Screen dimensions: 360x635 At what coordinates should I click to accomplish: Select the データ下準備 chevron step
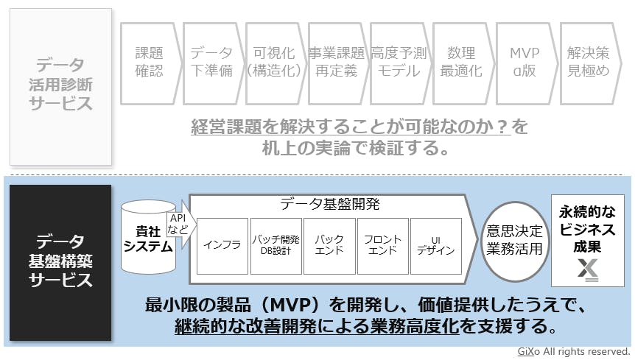(x=211, y=63)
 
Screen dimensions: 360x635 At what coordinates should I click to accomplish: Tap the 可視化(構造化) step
(x=274, y=63)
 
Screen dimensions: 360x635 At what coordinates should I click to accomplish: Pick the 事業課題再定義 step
(x=337, y=63)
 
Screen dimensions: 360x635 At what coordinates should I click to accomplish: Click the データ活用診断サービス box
(x=61, y=86)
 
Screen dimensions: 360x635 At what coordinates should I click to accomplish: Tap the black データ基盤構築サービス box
(x=61, y=261)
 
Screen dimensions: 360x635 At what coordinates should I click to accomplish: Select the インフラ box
(x=222, y=245)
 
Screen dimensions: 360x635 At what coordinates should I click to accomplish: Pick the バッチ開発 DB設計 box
(x=276, y=245)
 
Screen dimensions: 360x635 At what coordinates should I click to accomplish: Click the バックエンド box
(x=329, y=245)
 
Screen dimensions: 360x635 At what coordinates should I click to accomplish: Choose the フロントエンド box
(x=382, y=245)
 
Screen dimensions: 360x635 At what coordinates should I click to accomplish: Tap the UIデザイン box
(x=435, y=245)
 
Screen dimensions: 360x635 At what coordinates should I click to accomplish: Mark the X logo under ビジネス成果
(x=588, y=270)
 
